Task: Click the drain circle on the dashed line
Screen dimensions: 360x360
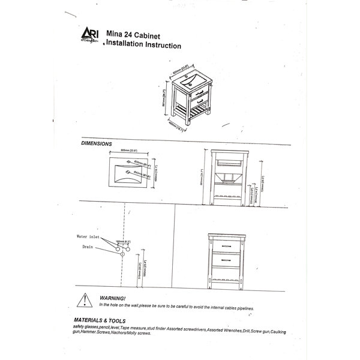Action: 123,254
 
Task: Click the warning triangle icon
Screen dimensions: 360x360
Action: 88,300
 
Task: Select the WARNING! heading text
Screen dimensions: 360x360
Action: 113,298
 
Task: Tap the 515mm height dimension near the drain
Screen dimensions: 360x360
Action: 140,271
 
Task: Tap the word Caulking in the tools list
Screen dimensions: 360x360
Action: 283,331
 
